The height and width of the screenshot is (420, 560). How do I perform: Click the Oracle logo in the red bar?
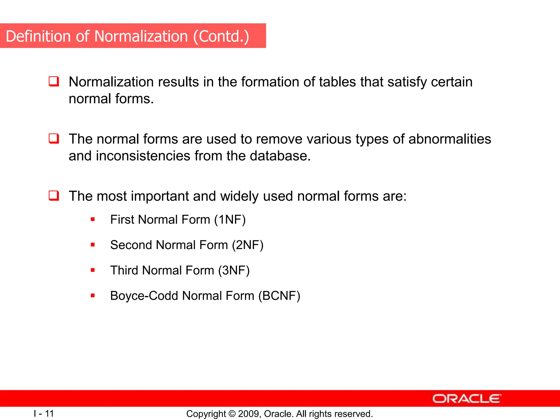tap(466, 399)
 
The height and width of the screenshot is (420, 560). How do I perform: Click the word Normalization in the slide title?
tap(141, 36)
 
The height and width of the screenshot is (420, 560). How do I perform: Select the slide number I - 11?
tap(44, 413)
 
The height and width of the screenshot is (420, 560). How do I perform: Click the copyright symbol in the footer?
tap(232, 414)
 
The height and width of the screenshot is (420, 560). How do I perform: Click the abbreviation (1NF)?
tap(230, 220)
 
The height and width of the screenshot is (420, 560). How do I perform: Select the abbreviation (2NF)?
tap(247, 245)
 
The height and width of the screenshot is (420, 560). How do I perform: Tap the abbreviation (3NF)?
tap(234, 270)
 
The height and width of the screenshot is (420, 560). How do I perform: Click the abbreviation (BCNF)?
tap(279, 296)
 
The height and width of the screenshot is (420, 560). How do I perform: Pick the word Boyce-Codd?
tap(144, 296)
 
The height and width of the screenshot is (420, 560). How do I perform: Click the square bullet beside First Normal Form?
tap(93, 219)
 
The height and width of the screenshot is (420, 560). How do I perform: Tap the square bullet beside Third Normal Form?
tap(93, 270)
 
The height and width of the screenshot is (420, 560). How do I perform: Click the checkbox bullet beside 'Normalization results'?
tap(54, 81)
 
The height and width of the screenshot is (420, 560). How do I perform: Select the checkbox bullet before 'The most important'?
tap(54, 196)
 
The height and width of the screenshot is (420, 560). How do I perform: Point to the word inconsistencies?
tap(143, 156)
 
